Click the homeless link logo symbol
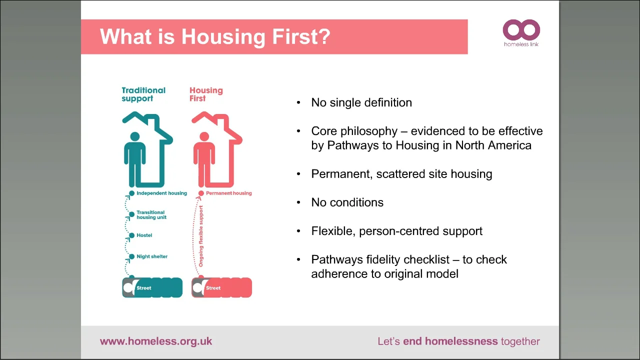521,30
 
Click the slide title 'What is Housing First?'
215,37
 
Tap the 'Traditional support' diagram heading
143,94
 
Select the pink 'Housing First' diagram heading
205,94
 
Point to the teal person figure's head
134,136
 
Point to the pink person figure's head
203,136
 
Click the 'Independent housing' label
161,193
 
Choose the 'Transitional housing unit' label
151,215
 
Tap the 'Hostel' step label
144,235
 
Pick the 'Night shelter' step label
152,256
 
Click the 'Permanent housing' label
228,193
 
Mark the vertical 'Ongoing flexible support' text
201,235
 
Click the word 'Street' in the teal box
143,288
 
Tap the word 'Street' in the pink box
213,288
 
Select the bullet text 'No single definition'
361,102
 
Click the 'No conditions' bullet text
347,202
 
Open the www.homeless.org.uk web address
156,341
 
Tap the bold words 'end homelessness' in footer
450,341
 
